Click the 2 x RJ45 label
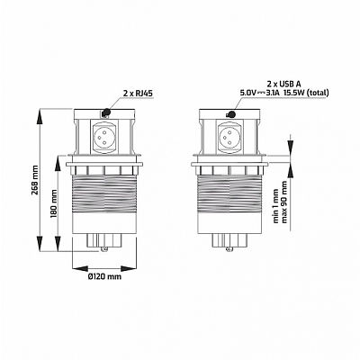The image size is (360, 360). pos(138,94)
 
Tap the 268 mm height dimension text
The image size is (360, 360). pos(35,180)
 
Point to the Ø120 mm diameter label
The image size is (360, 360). pos(104,276)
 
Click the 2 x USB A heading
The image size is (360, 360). pos(283,84)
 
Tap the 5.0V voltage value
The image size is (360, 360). pos(247,93)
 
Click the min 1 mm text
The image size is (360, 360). pos(276,206)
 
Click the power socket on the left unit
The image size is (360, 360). pos(104,136)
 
